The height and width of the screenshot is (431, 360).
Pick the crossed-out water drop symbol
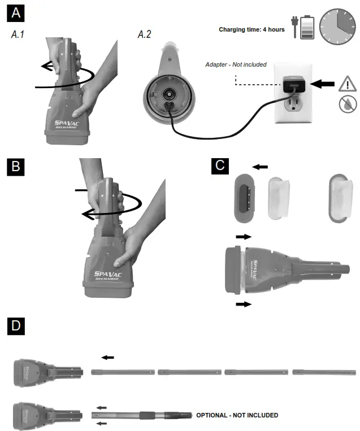tap(347, 104)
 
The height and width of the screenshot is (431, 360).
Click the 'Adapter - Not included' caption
tap(236, 64)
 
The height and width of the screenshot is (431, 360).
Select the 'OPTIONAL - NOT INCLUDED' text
tap(237, 415)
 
